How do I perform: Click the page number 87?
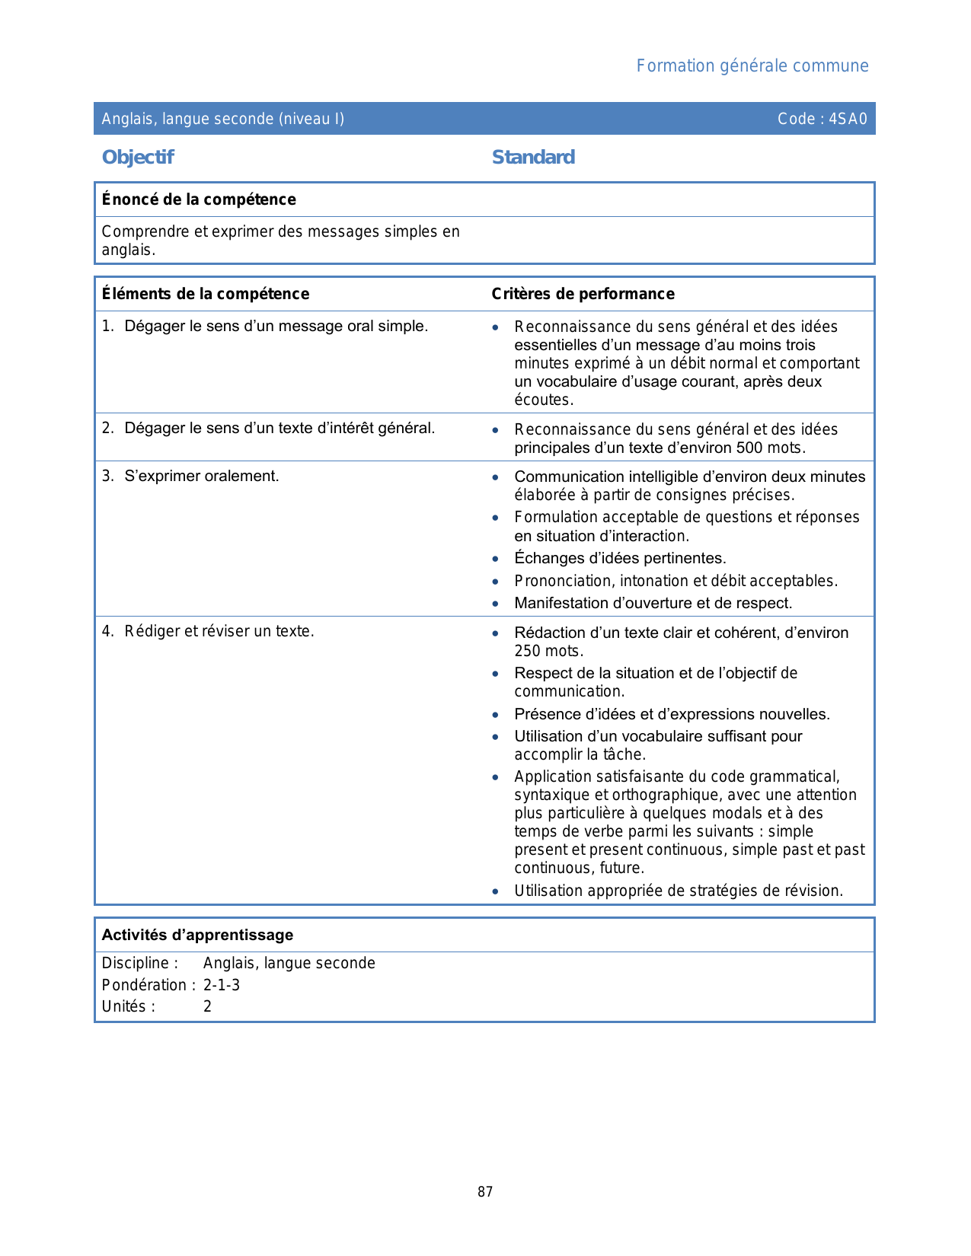(485, 1192)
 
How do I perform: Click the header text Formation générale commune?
(752, 66)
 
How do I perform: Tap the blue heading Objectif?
(138, 158)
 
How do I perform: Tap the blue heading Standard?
(533, 158)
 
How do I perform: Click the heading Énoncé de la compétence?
(199, 199)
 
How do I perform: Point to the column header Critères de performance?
(583, 294)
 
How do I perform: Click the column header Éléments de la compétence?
(206, 294)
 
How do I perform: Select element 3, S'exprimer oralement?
(201, 477)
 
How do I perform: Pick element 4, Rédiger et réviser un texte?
(219, 631)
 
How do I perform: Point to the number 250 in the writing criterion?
(527, 651)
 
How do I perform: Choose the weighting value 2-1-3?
(222, 985)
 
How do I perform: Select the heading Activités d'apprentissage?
(197, 935)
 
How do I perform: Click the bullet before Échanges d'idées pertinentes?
(496, 559)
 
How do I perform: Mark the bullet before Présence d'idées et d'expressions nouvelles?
(496, 716)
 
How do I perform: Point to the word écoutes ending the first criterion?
(543, 400)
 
